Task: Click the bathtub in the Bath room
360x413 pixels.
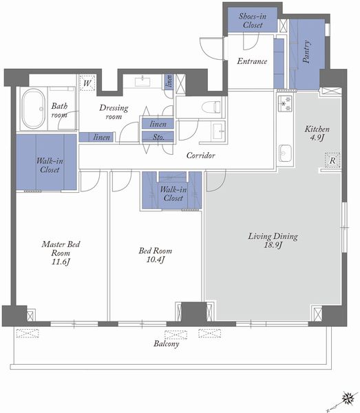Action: click(x=33, y=109)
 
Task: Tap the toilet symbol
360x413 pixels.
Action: click(x=211, y=107)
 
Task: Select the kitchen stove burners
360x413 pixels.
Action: click(x=285, y=104)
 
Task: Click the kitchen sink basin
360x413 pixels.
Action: click(x=285, y=153)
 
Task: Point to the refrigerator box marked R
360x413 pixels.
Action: click(x=332, y=160)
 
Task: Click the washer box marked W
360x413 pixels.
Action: click(x=87, y=83)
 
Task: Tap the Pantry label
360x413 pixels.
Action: click(x=306, y=52)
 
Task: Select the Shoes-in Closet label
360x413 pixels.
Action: click(x=253, y=21)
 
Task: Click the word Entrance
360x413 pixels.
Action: click(x=252, y=61)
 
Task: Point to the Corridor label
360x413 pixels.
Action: click(x=201, y=156)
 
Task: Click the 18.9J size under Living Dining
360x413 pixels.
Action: click(x=273, y=245)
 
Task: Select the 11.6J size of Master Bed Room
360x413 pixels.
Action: click(x=61, y=262)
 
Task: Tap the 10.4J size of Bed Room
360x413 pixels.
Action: click(x=156, y=260)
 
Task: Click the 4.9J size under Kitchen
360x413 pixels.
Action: click(x=317, y=138)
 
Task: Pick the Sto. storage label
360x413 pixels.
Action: click(x=158, y=137)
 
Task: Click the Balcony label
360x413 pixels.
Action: click(x=167, y=343)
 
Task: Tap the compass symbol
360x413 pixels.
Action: click(x=348, y=398)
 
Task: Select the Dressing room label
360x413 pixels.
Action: click(x=114, y=112)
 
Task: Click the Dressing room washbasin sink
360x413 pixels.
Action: click(x=142, y=82)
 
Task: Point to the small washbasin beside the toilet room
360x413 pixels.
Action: click(x=219, y=131)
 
